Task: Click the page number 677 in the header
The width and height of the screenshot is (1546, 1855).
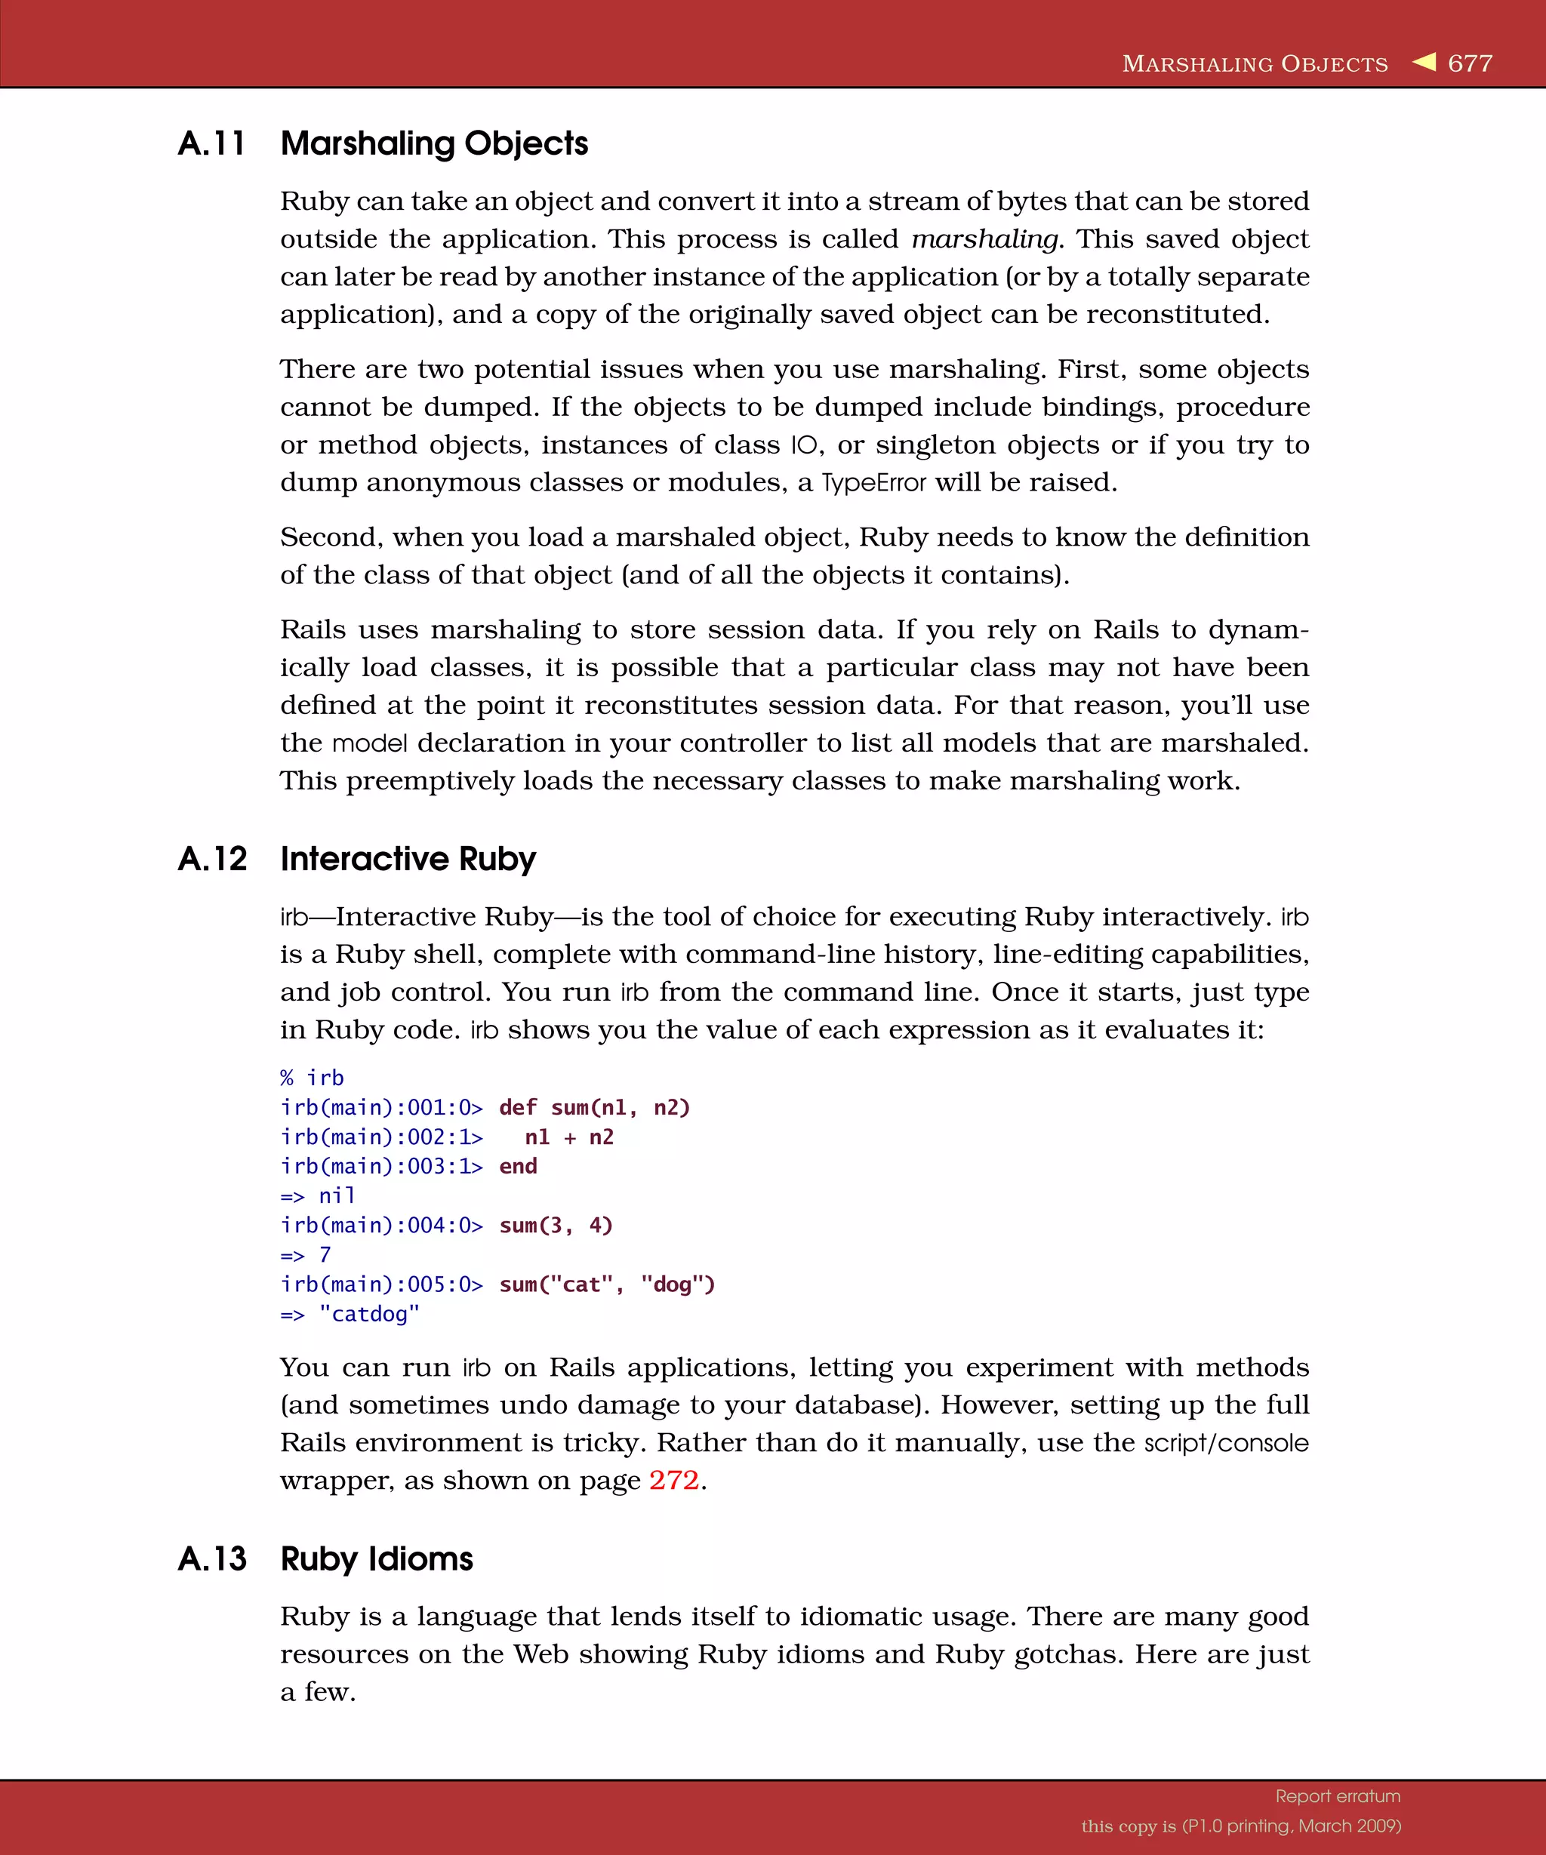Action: pos(1470,63)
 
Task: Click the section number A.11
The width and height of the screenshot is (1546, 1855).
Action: pos(211,143)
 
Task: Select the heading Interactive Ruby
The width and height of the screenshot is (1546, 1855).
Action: pos(408,859)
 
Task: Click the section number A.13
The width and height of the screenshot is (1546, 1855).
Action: pos(212,1558)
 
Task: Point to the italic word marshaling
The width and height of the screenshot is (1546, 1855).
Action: pos(984,239)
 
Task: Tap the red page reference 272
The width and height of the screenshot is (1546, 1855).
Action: pos(674,1480)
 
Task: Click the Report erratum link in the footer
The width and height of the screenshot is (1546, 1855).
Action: pos(1338,1796)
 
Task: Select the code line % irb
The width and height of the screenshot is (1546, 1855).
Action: pos(312,1078)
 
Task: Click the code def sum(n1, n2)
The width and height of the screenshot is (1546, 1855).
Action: pos(593,1107)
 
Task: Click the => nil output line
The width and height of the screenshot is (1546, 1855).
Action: pos(318,1195)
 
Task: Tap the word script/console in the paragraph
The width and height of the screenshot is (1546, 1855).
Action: pos(1226,1442)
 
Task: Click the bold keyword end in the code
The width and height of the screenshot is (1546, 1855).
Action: pos(518,1166)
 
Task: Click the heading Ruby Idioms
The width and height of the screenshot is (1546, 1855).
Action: pos(377,1558)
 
